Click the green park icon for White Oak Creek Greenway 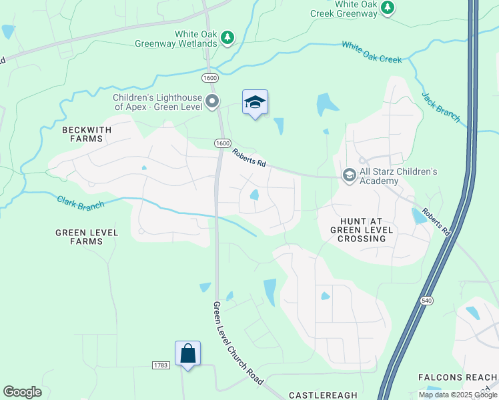pos(388,8)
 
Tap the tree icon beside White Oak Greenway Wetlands pos(228,38)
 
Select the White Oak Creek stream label pos(372,51)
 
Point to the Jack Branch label pos(440,107)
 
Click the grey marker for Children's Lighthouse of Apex pos(213,102)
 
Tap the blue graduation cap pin pos(255,103)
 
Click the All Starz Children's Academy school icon pos(349,175)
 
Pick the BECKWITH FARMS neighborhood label pos(83,134)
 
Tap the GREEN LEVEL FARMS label pos(87,237)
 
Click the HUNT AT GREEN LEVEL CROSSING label pos(362,229)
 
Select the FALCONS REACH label pos(457,377)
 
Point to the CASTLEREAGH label pos(323,395)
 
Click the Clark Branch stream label pos(80,203)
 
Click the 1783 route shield pos(160,365)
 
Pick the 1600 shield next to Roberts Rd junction pos(222,143)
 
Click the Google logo pos(22,392)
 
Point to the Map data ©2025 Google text pos(457,394)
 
